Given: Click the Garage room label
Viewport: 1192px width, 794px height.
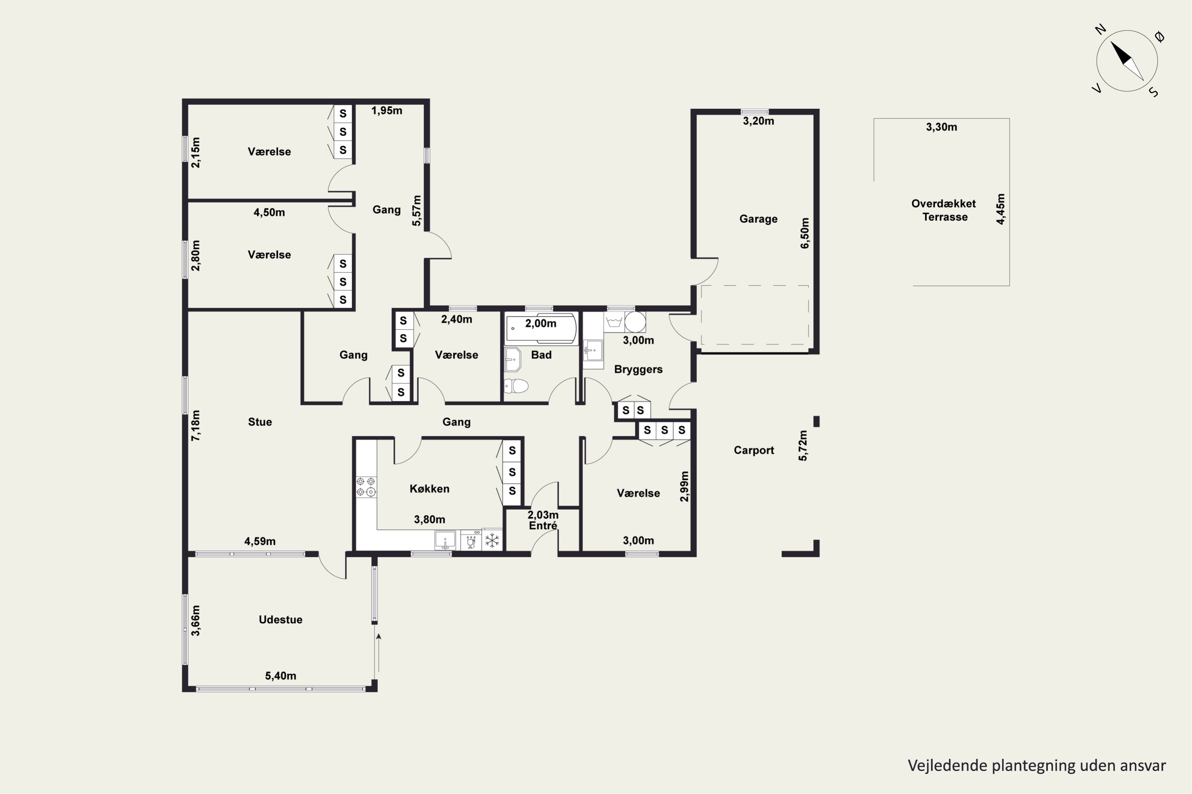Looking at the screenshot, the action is (758, 219).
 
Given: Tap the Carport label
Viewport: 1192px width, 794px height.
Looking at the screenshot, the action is (754, 450).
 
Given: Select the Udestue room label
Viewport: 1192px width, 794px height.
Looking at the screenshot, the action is (280, 619).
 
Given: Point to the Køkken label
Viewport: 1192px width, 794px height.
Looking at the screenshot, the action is (429, 489).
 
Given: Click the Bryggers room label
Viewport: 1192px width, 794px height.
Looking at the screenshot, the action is (638, 369).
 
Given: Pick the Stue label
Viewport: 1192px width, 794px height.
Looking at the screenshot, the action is (259, 422).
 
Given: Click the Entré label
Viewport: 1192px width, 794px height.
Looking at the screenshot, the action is (543, 526).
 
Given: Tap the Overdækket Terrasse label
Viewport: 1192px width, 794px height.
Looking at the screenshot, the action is (944, 210).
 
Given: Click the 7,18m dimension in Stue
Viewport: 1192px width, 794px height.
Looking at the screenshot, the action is (195, 425).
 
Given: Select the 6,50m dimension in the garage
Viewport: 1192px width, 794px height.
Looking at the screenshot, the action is (805, 233).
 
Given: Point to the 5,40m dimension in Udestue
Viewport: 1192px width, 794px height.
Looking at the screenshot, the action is (280, 676).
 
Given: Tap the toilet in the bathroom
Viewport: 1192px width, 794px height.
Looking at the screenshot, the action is (517, 386).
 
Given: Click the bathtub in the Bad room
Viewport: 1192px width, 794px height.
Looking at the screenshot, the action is (541, 328).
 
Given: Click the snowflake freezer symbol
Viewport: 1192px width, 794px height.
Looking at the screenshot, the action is (492, 540).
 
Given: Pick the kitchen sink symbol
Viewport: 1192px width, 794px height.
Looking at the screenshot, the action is (445, 540).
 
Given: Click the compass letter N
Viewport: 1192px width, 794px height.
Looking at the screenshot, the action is (1100, 29).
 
